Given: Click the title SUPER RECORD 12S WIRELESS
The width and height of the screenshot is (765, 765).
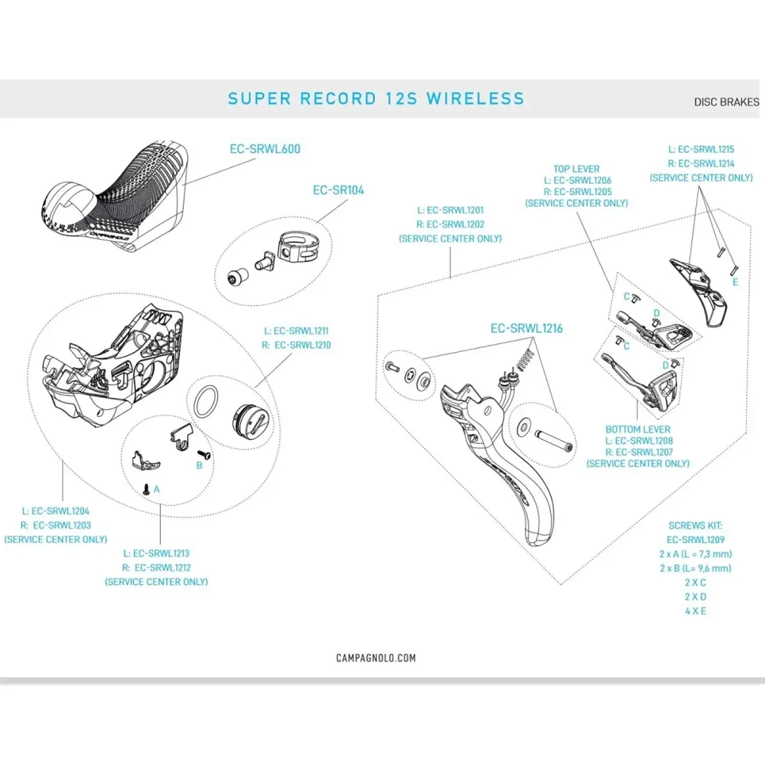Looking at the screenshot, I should point(375,99).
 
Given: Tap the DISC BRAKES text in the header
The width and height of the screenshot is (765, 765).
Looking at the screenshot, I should point(726,102).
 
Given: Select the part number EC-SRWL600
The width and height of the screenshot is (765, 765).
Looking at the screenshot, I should point(265,149).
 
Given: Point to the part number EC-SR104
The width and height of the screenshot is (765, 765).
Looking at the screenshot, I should point(338,190).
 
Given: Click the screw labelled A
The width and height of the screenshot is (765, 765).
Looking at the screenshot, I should point(147,490).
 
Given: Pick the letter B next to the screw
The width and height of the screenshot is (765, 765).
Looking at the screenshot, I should point(199,465).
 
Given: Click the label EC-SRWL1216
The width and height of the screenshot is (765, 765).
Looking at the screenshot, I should point(526,328).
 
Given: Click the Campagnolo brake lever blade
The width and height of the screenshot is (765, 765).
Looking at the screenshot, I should point(510,472).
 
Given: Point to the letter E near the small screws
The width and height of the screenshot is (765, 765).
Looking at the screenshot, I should point(735,282).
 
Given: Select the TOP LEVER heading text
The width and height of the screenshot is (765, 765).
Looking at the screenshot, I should point(576,169).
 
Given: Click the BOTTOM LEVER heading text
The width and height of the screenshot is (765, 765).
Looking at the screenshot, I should point(637,430).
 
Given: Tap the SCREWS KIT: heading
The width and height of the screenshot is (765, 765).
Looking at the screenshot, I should point(695,526).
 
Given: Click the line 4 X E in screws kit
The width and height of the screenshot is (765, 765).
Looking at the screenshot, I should point(695,611).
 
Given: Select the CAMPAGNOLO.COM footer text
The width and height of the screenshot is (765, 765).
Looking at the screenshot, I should point(375,658).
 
